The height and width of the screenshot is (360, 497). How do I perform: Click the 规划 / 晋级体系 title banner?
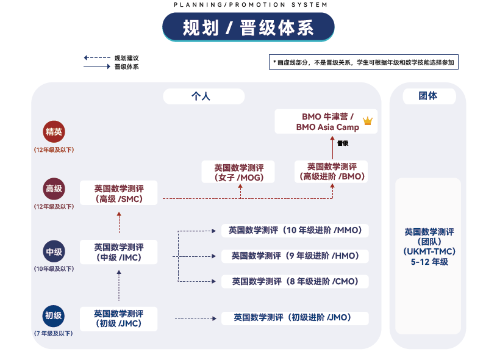(248, 27)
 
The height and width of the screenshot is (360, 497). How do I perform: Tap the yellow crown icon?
(367, 121)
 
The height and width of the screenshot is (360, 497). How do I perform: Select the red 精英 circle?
(54, 131)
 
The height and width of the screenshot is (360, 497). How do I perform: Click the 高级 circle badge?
(54, 189)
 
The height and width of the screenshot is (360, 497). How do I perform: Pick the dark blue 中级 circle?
(54, 251)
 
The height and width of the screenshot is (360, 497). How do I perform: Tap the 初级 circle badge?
(54, 315)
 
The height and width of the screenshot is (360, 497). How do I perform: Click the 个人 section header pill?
(203, 96)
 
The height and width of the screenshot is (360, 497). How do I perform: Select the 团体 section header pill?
(427, 96)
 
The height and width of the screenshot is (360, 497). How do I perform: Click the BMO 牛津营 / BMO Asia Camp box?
(326, 121)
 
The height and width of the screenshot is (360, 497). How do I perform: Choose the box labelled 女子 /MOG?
(238, 172)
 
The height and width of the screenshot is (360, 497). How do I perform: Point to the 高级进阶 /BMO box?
(332, 171)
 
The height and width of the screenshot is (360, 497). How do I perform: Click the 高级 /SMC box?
(119, 193)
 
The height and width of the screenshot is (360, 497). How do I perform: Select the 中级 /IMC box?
(119, 252)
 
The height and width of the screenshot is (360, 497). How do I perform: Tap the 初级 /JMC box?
(119, 319)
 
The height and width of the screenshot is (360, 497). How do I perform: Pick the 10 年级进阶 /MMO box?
(295, 230)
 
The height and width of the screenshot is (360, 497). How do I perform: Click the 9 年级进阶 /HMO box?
(295, 256)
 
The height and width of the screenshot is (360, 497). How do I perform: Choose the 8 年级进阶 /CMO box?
(295, 281)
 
